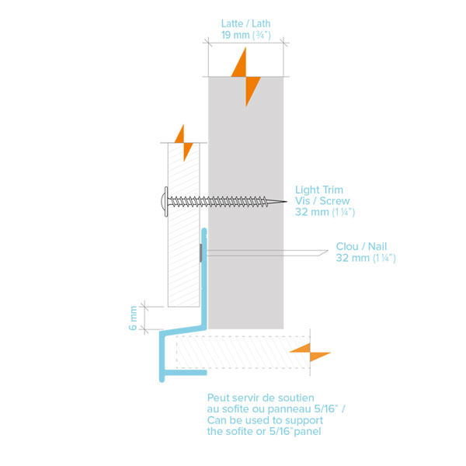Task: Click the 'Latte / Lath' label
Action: point(245,23)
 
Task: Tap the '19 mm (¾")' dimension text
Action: point(245,34)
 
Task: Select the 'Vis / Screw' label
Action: point(322,201)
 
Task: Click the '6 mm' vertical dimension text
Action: point(134,318)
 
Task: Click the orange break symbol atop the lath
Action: point(247,76)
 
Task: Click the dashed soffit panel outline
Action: point(233,351)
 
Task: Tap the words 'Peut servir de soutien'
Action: point(261,398)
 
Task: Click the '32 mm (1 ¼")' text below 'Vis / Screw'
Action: point(324,212)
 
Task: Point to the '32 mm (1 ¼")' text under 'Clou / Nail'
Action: point(366,258)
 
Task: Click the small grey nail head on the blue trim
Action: point(202,252)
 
